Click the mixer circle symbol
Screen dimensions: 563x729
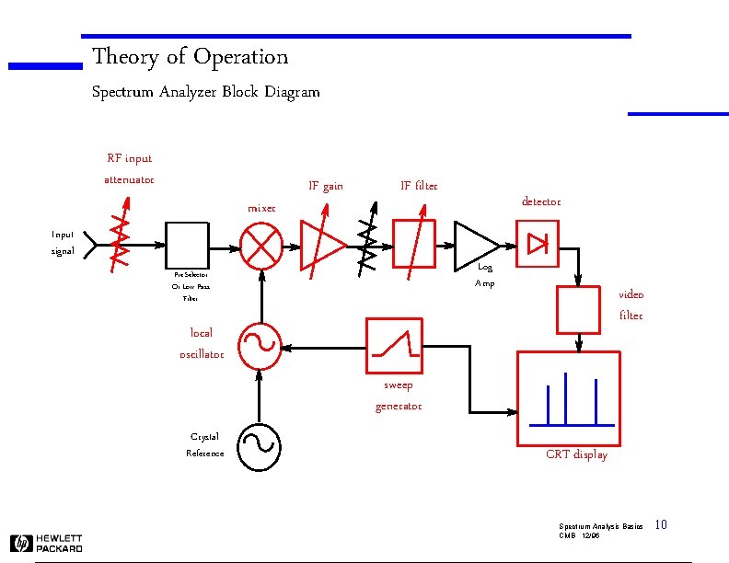tap(262, 247)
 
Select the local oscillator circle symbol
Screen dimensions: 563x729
tap(260, 346)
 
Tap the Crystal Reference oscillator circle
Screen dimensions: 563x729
tap(260, 445)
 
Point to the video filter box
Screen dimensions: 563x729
tap(578, 310)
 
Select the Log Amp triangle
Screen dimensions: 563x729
tap(474, 246)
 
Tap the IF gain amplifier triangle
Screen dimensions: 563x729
tap(320, 247)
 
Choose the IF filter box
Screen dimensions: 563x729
tap(414, 245)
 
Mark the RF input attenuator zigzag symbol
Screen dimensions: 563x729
tap(121, 246)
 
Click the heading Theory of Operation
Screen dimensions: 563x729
tap(191, 57)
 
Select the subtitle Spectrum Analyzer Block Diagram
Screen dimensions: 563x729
tap(206, 92)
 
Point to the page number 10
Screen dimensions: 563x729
tap(660, 525)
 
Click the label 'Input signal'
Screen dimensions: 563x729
tap(63, 243)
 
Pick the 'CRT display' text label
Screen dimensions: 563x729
tap(576, 454)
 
